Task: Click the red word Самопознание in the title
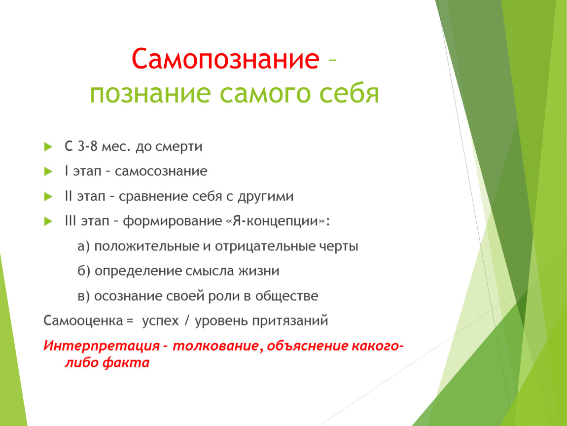tap(225, 59)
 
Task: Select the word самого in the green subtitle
tap(265, 93)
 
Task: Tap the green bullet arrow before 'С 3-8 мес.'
tap(48, 146)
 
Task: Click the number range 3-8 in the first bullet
tap(87, 146)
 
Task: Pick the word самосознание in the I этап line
tap(161, 171)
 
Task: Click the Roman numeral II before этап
tap(69, 196)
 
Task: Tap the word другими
tap(265, 197)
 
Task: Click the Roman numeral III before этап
tap(71, 220)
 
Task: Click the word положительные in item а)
tap(146, 246)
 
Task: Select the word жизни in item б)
tap(258, 271)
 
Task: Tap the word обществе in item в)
tap(287, 296)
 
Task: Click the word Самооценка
tap(83, 321)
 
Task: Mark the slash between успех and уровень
tap(187, 321)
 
